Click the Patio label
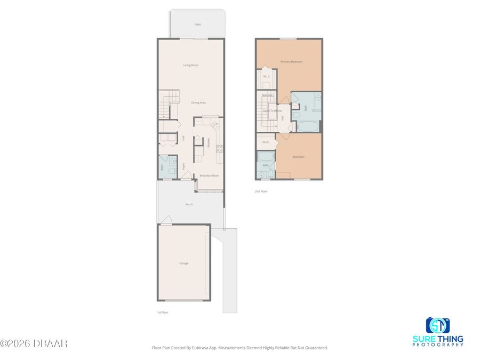pos(197,25)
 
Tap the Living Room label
pos(191,65)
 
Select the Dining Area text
pos(198,102)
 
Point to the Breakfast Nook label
pos(209,175)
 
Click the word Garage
pos(183,263)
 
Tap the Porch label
pos(189,204)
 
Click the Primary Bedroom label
pos(292,62)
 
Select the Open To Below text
pos(272,110)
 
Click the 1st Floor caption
pos(162,312)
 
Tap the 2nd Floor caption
pos(261,190)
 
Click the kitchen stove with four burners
pos(215,125)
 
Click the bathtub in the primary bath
pos(307,127)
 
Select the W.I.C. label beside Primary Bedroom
pos(267,76)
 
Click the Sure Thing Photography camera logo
pos(437,325)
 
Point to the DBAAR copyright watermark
pos(34,343)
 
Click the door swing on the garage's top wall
pos(166,220)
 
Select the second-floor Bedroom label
pos(299,157)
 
